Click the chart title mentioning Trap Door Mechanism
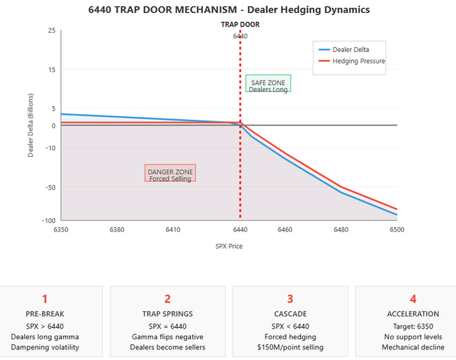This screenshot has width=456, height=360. pos(229,10)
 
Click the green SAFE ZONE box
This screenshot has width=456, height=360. pos(268,84)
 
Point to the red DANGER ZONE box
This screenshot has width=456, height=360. pos(170,174)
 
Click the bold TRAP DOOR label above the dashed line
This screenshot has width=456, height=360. pos(240,24)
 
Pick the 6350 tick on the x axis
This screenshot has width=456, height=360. pos(61,230)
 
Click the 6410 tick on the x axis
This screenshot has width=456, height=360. pos(172,230)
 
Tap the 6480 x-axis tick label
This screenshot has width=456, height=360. pos(341,230)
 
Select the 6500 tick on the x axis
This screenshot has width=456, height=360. pos(396,230)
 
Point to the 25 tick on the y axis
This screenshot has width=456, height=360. pos(51,31)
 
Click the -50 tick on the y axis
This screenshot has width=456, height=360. pos(50,187)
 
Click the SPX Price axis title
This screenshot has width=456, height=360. pos(229,246)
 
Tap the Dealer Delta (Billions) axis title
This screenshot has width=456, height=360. pos(31,125)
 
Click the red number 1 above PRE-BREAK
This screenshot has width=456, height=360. pos(45,299)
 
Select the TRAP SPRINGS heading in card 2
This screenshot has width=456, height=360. pos(167,314)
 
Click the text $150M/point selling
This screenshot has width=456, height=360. pos(290,348)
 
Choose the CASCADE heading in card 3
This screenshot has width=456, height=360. pos(290,314)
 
